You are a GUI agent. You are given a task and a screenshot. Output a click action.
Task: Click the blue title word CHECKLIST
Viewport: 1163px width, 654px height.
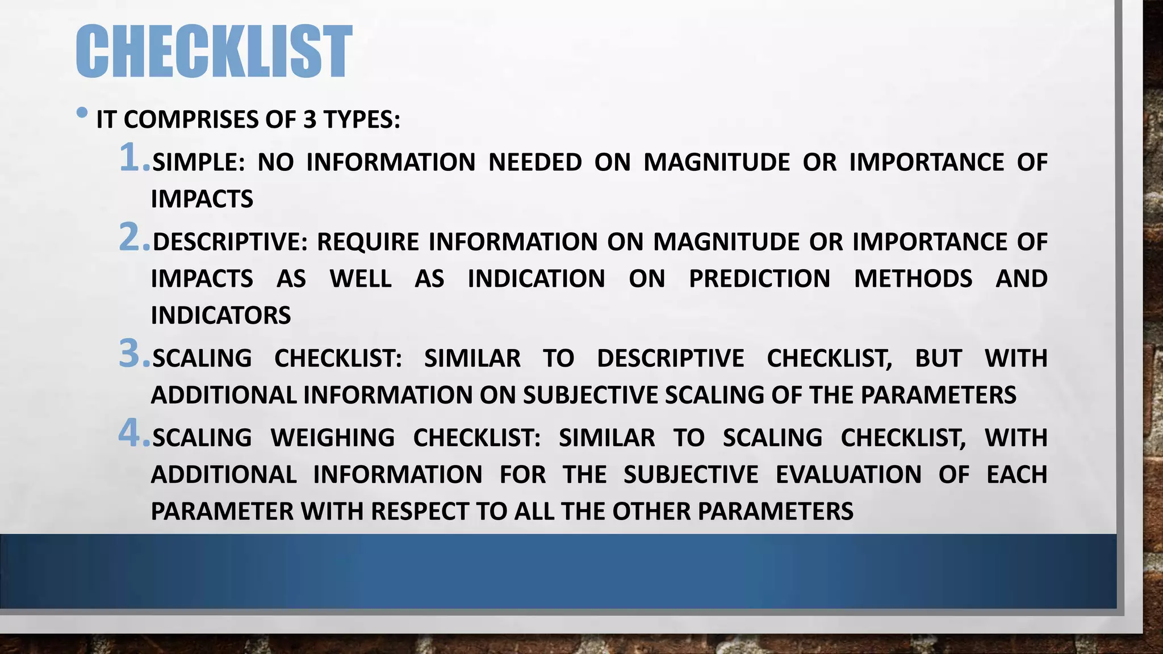(x=214, y=51)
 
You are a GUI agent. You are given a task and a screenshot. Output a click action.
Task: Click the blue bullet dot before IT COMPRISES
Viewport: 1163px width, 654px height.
(x=82, y=112)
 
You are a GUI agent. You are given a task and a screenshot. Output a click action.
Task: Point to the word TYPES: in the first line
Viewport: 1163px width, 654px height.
(x=362, y=120)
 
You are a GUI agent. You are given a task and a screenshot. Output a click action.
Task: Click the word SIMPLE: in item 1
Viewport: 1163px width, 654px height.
(x=199, y=162)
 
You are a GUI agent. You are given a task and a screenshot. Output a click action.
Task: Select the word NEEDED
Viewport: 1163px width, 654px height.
(x=535, y=162)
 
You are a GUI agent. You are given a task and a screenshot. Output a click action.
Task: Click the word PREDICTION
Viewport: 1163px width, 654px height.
(x=759, y=279)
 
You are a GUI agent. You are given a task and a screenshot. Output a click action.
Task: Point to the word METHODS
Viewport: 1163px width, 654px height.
(x=913, y=279)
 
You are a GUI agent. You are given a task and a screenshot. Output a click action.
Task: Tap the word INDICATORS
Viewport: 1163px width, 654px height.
(x=221, y=316)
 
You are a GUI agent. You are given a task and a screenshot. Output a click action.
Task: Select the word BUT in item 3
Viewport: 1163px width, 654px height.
(x=938, y=358)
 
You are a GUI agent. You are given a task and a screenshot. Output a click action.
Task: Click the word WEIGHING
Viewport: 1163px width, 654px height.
(x=333, y=438)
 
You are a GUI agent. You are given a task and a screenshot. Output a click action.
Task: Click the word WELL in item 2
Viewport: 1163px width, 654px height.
(x=361, y=279)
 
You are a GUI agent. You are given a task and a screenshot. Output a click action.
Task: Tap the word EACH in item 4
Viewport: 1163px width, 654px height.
(x=1016, y=475)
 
